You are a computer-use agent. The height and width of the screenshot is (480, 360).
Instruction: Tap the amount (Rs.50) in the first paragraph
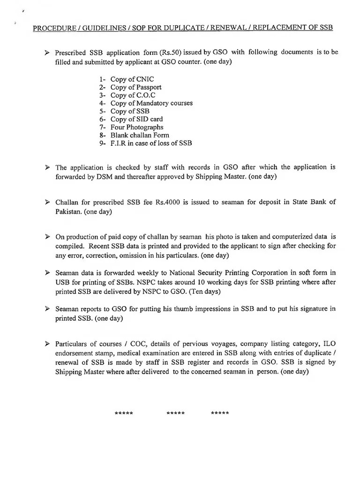[x=169, y=52]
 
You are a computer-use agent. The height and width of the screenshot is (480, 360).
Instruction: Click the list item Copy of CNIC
[x=132, y=79]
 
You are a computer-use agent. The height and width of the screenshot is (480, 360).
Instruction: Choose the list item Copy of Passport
[x=136, y=87]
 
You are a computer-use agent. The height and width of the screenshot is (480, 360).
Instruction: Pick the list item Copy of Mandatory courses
[x=151, y=103]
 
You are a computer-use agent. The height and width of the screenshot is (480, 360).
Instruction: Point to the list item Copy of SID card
[x=136, y=119]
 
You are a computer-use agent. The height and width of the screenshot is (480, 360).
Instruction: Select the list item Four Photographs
[x=137, y=127]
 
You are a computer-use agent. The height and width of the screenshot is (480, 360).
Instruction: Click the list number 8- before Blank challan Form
[x=103, y=135]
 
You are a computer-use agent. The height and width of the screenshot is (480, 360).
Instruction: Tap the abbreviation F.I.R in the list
[x=119, y=143]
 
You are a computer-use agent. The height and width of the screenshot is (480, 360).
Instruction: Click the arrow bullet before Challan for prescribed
[x=47, y=202]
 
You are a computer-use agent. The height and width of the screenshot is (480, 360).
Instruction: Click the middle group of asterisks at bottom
[x=175, y=413]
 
